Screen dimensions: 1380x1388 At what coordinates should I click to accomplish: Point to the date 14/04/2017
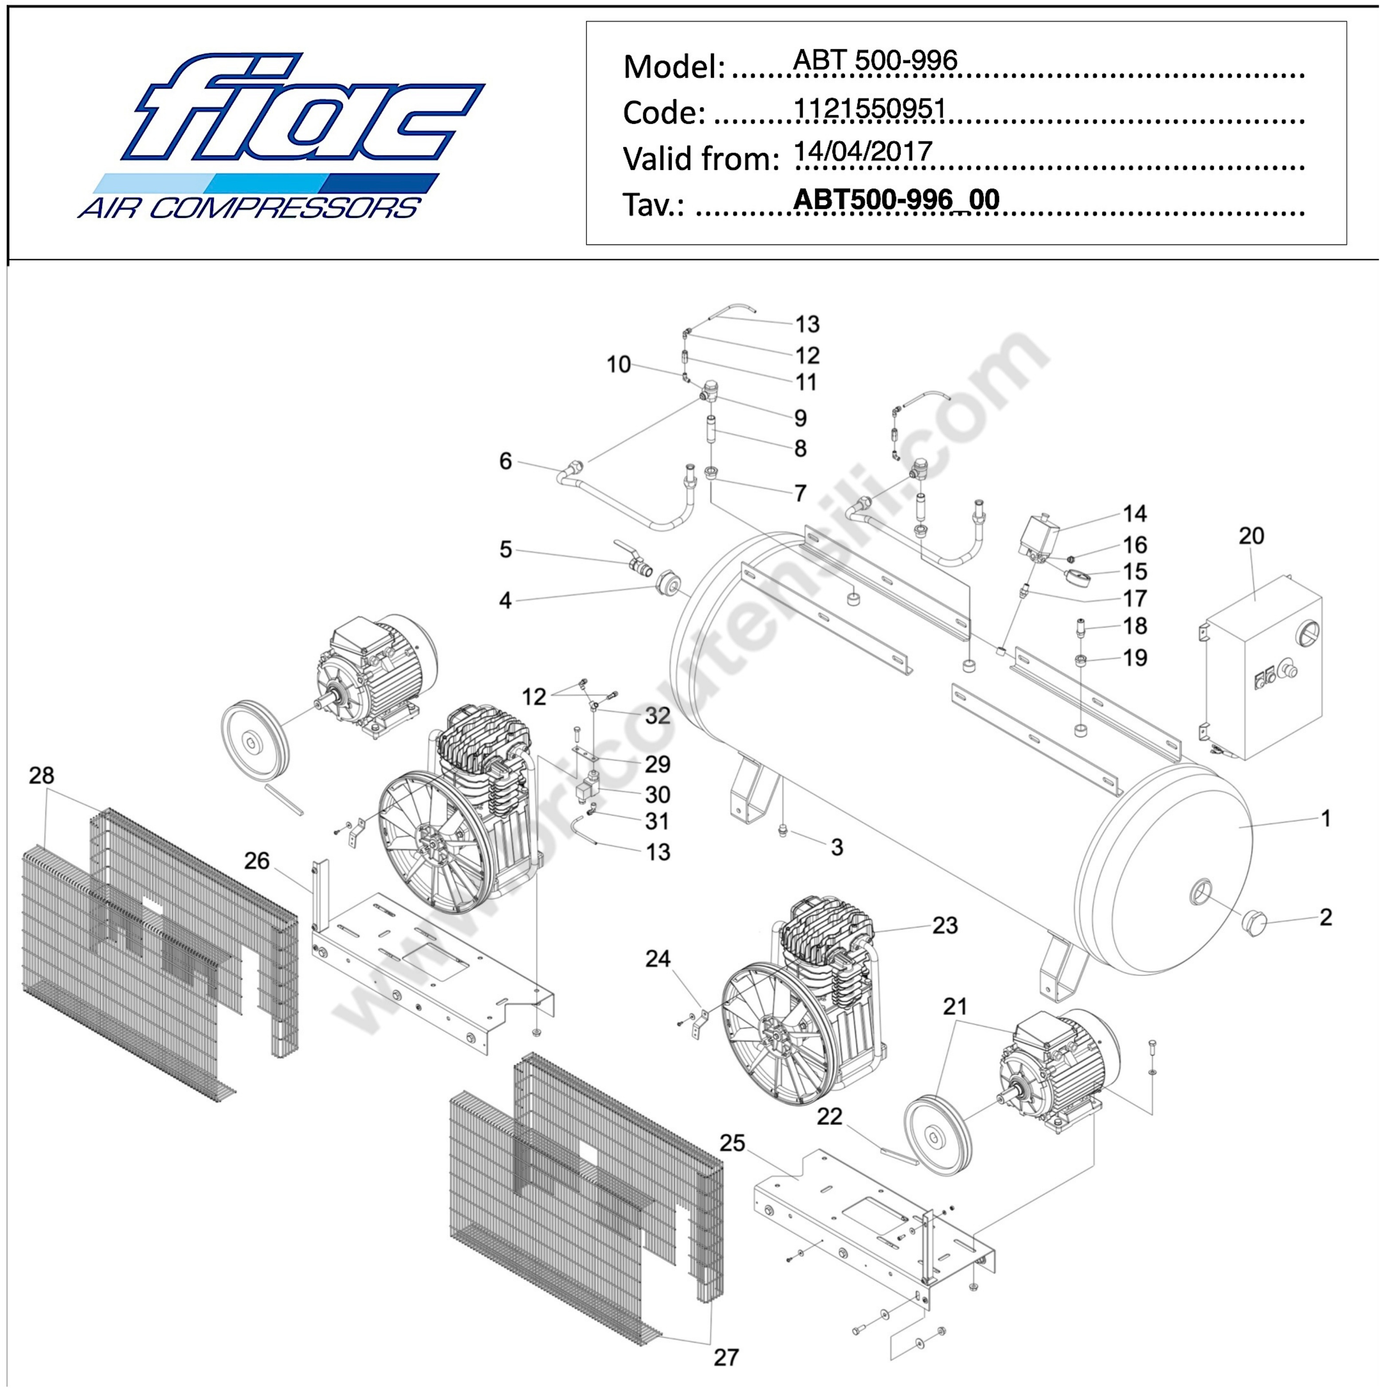(x=862, y=152)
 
